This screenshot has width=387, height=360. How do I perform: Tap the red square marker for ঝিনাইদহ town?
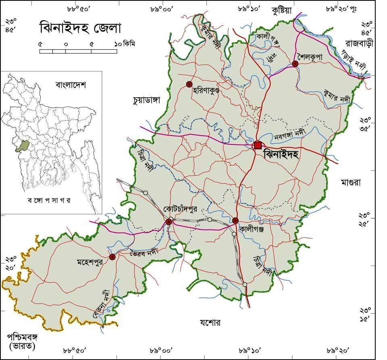tap(258, 145)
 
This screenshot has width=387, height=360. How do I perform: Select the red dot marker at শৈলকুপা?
tap(295, 64)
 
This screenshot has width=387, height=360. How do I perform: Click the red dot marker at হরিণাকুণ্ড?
tap(189, 84)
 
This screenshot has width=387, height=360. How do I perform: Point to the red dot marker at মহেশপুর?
tap(112, 257)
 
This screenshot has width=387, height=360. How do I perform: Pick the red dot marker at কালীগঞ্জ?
tap(235, 220)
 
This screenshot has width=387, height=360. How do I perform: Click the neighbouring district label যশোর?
tap(210, 322)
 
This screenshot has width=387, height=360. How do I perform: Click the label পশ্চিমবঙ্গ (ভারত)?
tap(23, 341)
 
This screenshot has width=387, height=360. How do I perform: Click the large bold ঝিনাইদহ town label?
tap(280, 155)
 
